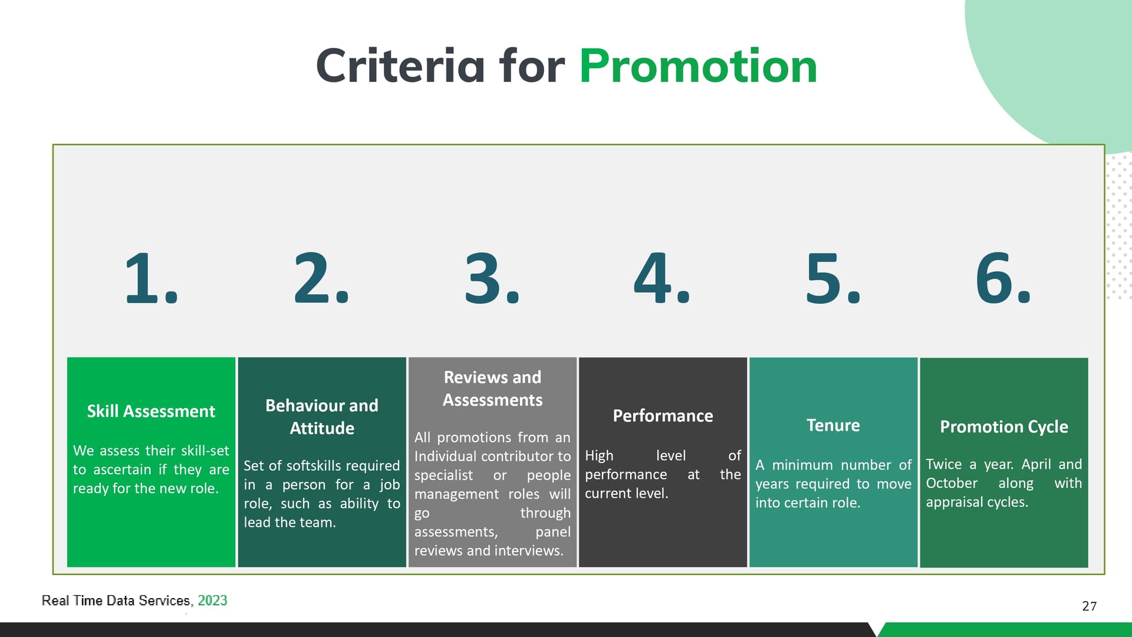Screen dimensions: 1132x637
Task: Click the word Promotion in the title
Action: tap(698, 65)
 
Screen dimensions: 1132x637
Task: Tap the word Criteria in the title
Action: tap(400, 65)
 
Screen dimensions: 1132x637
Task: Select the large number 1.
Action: tap(152, 278)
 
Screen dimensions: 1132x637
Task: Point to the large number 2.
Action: tap(321, 278)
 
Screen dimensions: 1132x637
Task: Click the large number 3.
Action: tap(492, 278)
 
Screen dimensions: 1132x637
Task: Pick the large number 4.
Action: tap(662, 278)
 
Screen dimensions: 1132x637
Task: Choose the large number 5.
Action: tap(833, 278)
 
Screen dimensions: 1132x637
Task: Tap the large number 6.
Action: tap(1003, 278)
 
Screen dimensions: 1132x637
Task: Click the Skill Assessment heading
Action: tap(151, 411)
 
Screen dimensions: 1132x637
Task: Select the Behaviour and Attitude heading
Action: tap(322, 416)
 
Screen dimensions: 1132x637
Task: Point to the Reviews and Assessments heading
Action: tap(492, 388)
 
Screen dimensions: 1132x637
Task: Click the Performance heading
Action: tap(663, 416)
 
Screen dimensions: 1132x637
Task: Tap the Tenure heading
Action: tap(833, 425)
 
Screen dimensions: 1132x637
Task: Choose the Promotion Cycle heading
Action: tap(1004, 426)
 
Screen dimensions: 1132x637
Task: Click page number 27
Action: tap(1090, 606)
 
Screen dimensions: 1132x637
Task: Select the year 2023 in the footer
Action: tap(212, 600)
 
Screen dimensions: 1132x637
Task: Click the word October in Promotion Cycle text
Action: tap(952, 483)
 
